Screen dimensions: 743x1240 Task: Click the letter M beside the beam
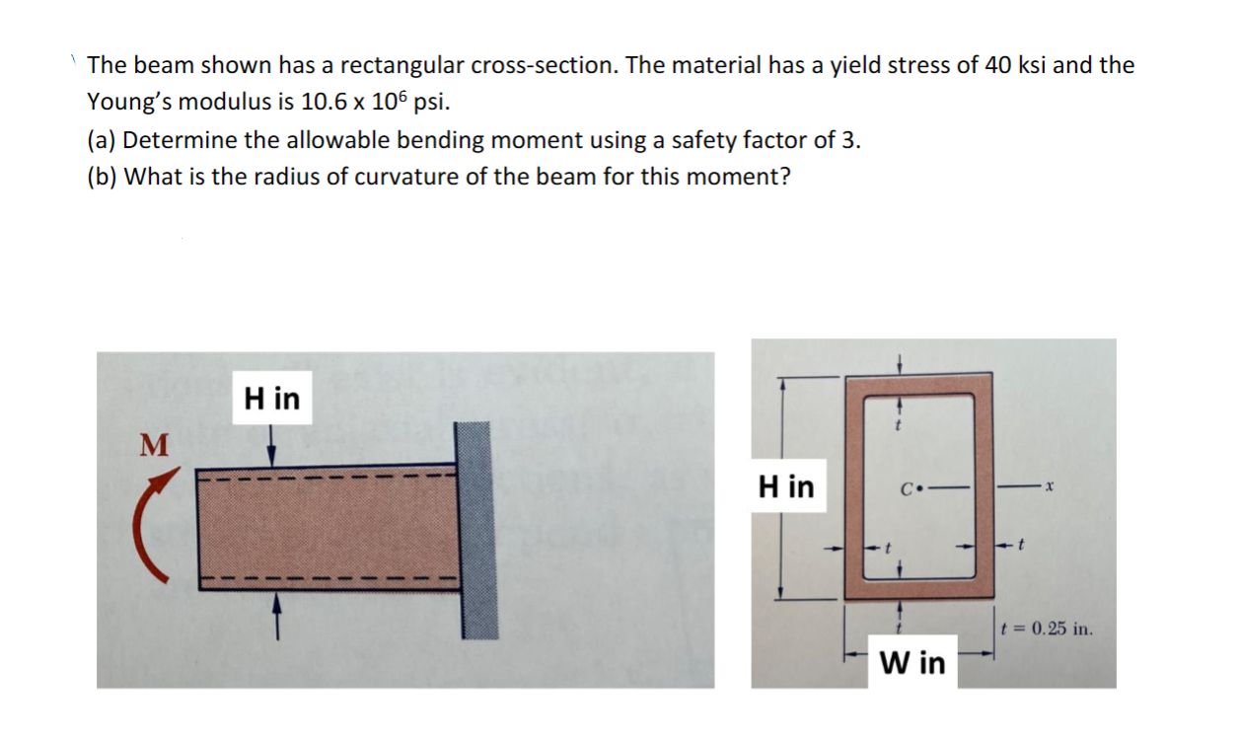coord(150,445)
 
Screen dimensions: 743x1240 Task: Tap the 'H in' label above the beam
coord(272,399)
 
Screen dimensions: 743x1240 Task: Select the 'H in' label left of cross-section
coord(786,485)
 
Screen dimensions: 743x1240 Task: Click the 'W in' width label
coord(912,662)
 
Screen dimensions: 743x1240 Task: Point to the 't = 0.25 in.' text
coord(1046,629)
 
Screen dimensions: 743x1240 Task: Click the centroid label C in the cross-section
coord(905,486)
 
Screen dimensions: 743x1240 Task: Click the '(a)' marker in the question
coord(101,139)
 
